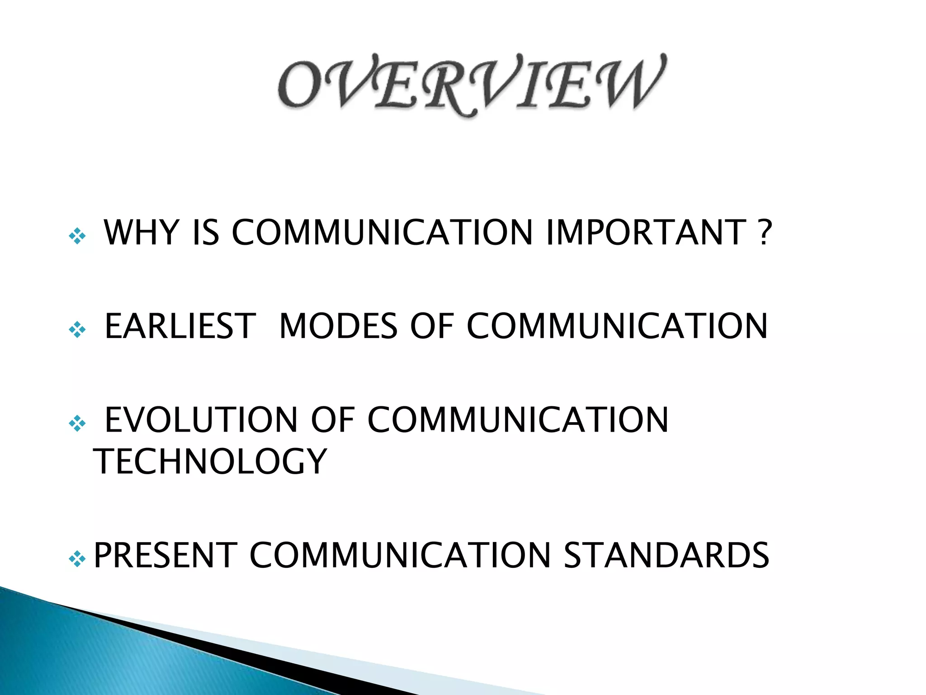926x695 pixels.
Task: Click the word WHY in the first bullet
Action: [142, 233]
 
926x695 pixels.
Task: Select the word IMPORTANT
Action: [646, 233]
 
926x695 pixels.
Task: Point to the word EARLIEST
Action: [180, 326]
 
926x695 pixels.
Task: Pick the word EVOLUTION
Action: [201, 420]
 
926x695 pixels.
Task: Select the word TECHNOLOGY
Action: [210, 462]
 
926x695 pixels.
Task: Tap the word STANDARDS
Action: [666, 555]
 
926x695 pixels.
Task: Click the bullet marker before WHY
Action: [77, 236]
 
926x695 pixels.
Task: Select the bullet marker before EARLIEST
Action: [77, 329]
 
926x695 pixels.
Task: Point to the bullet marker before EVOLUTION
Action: [77, 424]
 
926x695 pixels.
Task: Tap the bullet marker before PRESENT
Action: [77, 559]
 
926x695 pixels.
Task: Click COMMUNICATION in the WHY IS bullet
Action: [382, 233]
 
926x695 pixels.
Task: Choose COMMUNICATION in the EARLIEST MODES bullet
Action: [617, 326]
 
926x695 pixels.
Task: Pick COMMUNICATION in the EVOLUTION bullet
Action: [517, 420]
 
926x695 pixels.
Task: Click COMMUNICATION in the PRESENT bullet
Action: [400, 555]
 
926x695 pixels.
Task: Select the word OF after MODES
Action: [432, 326]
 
